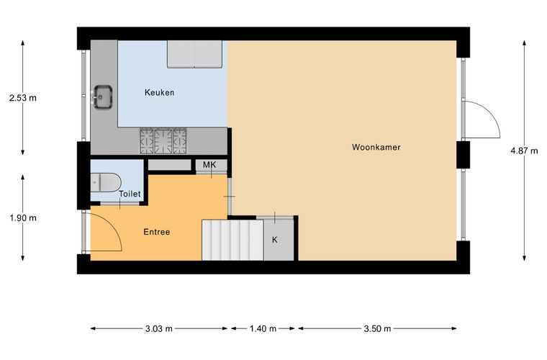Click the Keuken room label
pos(160,92)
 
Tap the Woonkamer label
pos(376,147)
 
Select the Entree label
pos(157,232)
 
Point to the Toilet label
pos(130,194)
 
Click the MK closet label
pos(209,165)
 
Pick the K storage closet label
pos(274,240)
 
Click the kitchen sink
pos(102,96)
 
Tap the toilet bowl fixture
pos(106,182)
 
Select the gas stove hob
pos(163,141)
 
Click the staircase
pos(232,240)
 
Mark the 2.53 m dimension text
pos(23,98)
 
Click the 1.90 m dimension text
pos(23,218)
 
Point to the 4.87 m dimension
pos(524,150)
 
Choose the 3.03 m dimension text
pos(159,328)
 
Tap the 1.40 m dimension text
pos(263,328)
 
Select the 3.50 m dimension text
pos(377,328)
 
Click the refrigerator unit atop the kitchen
pos(194,54)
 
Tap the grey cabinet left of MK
pos(170,165)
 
